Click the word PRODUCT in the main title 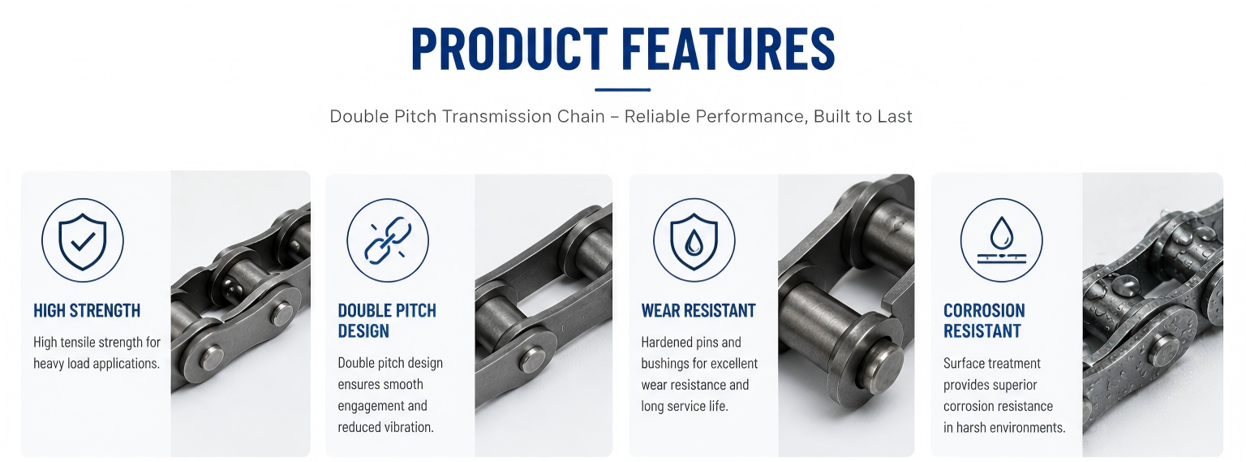[509, 49]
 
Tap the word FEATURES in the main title [728, 49]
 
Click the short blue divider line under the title [622, 89]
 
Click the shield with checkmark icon [82, 240]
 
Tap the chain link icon [388, 240]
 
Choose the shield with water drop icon [694, 240]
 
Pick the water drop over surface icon [1001, 240]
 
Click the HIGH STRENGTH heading [87, 311]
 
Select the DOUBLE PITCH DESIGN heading [387, 321]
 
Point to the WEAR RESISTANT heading [698, 311]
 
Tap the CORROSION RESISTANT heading [984, 321]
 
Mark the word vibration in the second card [408, 427]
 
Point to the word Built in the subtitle [833, 116]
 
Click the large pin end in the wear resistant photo [882, 365]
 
